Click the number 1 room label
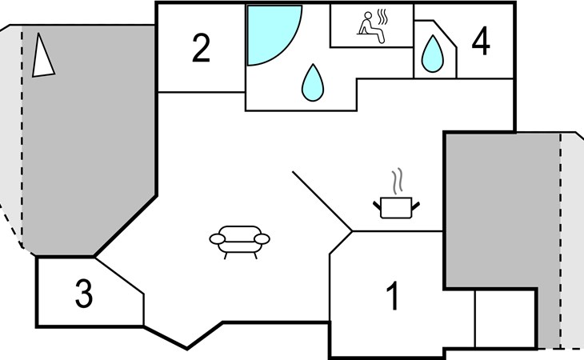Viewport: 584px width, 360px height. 392,297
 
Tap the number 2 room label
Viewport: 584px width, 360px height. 201,49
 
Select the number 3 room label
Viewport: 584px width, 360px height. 83,294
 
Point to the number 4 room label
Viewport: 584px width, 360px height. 480,42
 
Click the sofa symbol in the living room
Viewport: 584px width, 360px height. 239,241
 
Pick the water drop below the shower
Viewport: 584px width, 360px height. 310,82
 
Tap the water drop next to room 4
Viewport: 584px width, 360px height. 433,55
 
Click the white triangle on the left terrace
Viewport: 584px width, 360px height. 42,57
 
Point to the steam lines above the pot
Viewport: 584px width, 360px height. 396,181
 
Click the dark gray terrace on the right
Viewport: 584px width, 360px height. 496,208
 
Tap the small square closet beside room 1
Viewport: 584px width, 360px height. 505,318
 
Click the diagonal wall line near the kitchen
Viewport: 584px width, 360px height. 322,201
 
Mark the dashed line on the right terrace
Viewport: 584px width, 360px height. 560,240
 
